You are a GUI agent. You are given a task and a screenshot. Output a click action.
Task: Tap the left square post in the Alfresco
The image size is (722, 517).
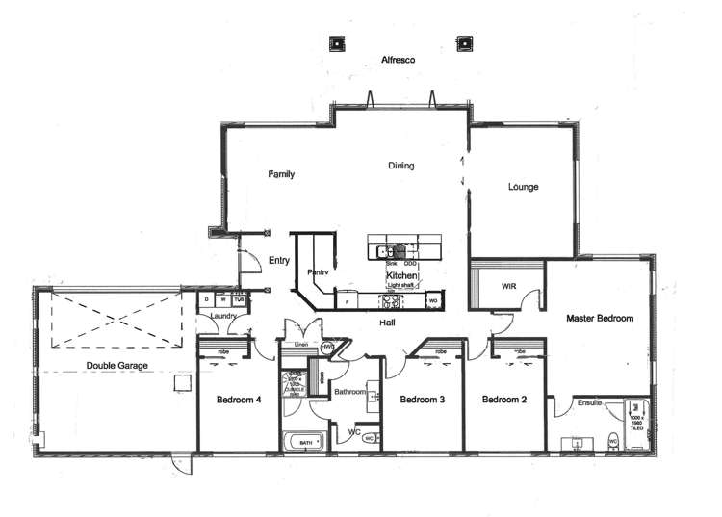pos(338,43)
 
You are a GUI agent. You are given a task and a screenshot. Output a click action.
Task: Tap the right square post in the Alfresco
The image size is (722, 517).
pos(465,43)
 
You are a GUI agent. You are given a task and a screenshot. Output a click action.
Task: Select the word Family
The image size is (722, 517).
pos(281,174)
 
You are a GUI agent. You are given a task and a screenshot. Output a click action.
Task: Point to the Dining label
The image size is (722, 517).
pos(401,166)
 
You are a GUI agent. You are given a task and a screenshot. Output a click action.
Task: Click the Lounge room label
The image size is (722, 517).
pos(523,187)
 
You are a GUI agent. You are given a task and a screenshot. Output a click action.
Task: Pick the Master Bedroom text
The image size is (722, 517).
pos(599,318)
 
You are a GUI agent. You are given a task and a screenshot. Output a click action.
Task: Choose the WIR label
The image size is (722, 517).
pos(510,287)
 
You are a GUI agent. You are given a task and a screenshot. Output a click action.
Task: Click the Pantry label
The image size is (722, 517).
pos(319,272)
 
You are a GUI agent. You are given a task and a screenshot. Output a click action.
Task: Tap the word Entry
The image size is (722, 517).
pos(279,260)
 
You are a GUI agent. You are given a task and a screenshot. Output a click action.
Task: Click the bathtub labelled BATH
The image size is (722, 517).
pos(305,442)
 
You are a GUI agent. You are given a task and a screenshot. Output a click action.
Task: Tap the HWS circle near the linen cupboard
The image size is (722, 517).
pos(328,347)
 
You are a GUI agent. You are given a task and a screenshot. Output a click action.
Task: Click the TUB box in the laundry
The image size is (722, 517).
pos(239,300)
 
